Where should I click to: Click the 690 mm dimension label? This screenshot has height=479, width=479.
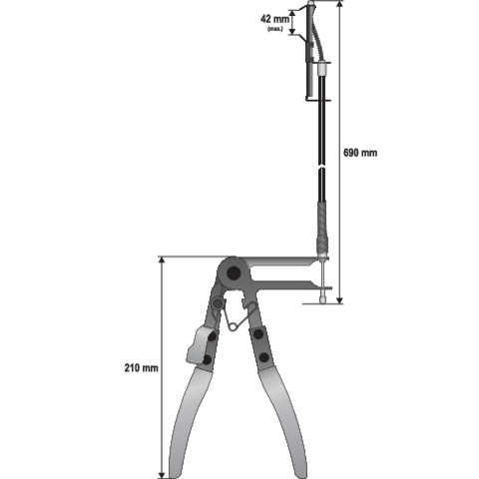click(x=360, y=153)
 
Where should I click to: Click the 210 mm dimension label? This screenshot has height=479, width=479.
click(x=142, y=368)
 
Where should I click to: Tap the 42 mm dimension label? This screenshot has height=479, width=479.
click(x=274, y=19)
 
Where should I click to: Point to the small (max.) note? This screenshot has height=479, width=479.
click(x=275, y=29)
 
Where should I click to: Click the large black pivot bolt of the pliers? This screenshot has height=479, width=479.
click(x=234, y=273)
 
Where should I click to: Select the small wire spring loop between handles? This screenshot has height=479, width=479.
click(x=234, y=327)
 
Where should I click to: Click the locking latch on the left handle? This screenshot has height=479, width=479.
click(x=198, y=345)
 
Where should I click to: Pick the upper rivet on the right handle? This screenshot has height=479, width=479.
click(x=258, y=334)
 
